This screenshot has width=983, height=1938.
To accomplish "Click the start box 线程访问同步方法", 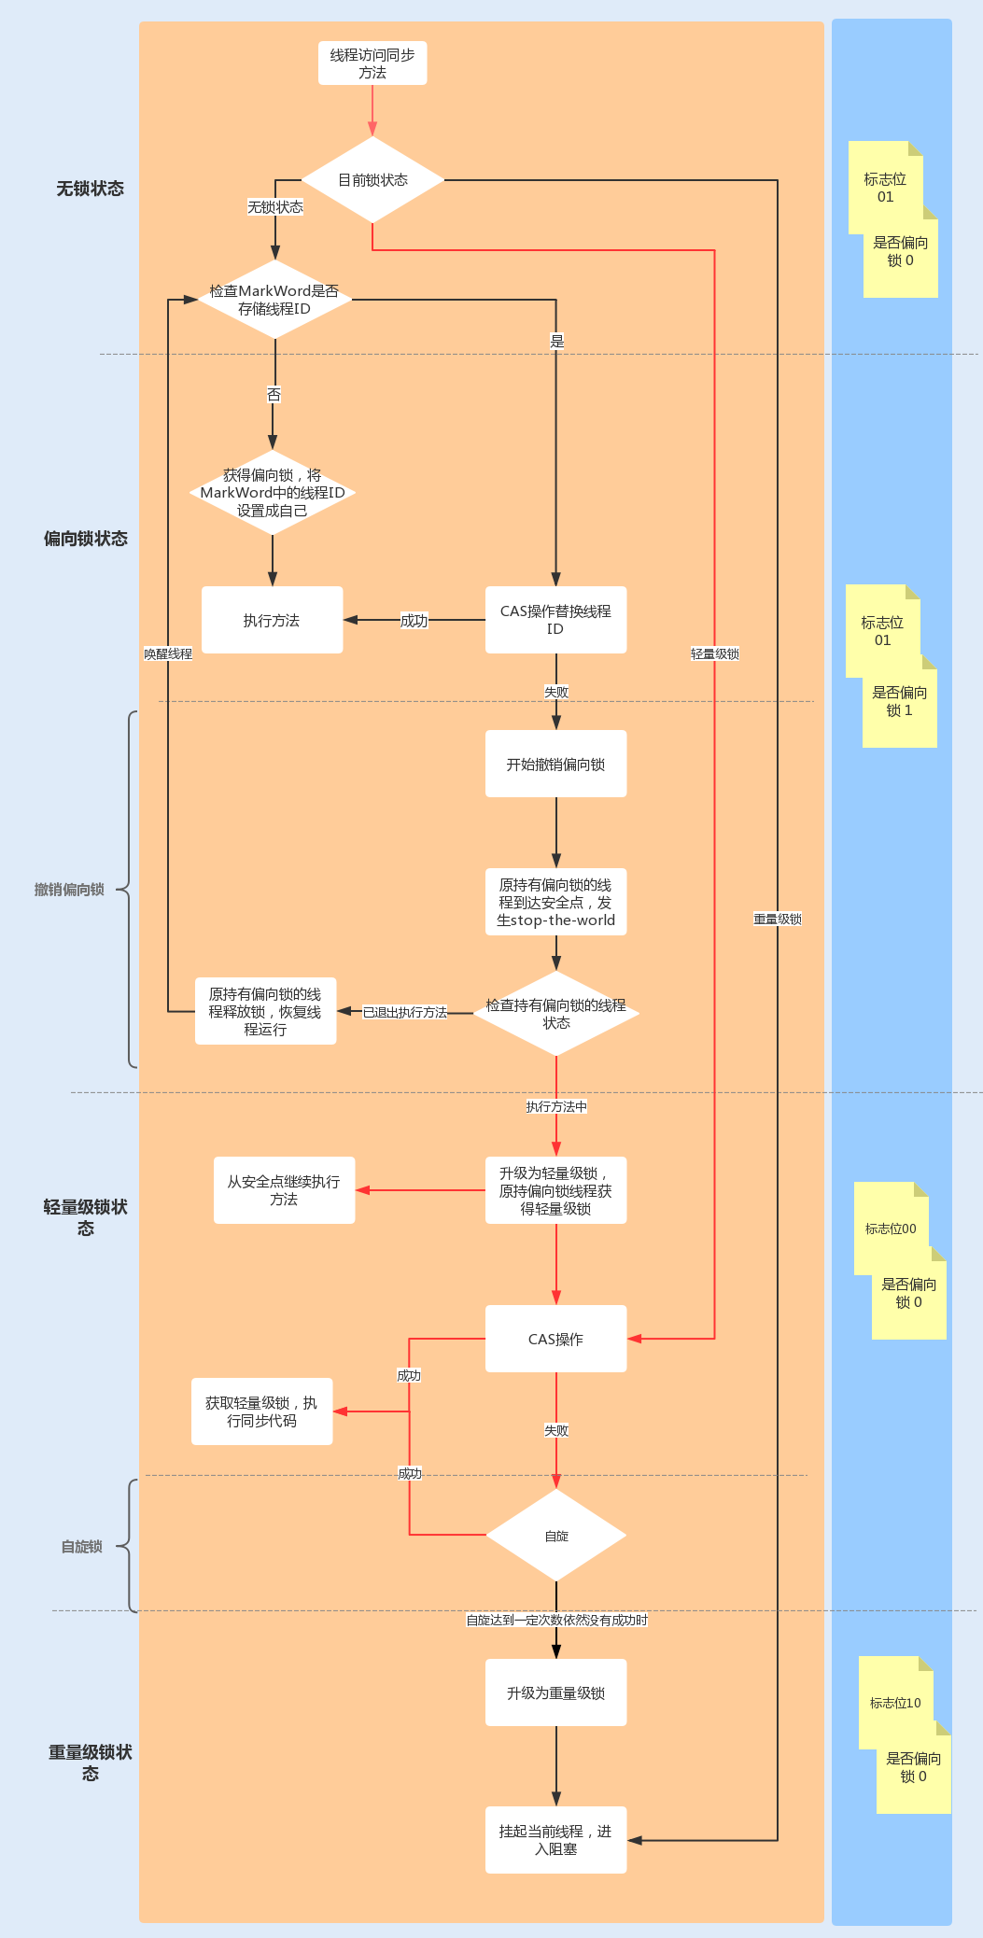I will click(372, 63).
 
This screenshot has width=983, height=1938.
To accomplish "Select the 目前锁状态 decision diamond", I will click(372, 180).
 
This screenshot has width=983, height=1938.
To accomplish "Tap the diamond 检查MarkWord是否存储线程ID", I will click(274, 300).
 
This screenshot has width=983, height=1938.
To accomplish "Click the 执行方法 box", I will click(272, 620).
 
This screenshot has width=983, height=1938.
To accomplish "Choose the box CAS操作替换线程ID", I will click(555, 620).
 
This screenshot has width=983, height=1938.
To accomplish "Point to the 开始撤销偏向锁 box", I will click(555, 764).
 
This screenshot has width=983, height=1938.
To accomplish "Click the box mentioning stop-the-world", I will click(555, 902).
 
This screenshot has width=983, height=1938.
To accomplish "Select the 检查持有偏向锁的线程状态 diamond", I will click(555, 1014).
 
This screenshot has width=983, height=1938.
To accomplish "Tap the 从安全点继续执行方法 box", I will click(284, 1190).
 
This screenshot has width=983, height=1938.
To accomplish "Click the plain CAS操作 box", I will click(555, 1339).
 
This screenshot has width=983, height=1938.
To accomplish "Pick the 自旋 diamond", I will click(556, 1536).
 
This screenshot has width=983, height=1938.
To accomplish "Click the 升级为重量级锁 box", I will click(555, 1692).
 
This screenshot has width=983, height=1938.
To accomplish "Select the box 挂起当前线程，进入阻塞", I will click(555, 1840).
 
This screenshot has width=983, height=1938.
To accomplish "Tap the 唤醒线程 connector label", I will click(168, 653).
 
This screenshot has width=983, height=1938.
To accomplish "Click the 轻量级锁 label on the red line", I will click(715, 653).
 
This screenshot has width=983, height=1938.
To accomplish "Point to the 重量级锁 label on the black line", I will click(778, 919).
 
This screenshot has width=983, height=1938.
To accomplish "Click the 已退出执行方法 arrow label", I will click(405, 1012).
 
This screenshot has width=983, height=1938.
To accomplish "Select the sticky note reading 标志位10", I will click(895, 1703).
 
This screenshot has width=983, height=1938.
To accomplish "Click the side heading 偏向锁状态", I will click(86, 539).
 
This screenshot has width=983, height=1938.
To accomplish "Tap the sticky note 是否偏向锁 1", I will click(900, 702).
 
